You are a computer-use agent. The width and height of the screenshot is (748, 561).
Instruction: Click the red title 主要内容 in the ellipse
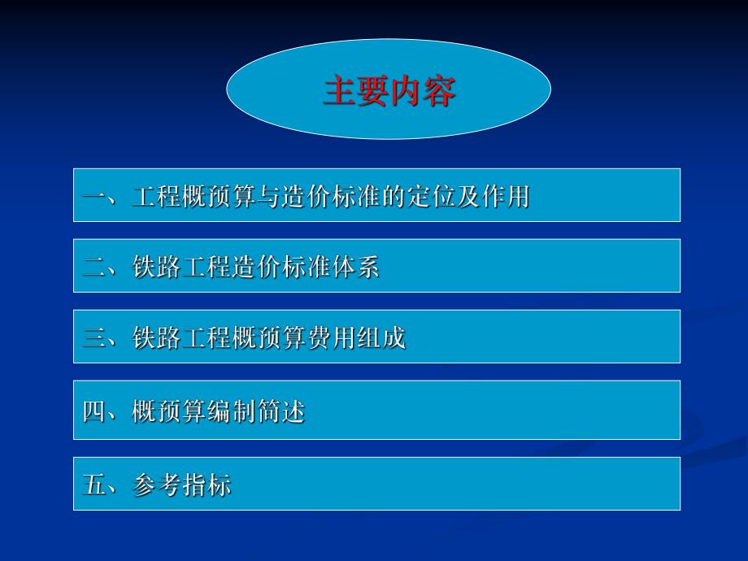pos(389,90)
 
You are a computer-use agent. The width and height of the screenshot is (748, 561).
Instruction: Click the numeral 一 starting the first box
pos(93,197)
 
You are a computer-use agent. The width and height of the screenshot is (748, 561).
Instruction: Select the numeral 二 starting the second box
pos(93,267)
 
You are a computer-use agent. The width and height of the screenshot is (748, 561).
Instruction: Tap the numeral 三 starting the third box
pos(93,337)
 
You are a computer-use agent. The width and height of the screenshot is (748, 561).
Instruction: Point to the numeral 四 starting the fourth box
pos(93,412)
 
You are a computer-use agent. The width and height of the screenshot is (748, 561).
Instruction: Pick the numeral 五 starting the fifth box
pos(93,485)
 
